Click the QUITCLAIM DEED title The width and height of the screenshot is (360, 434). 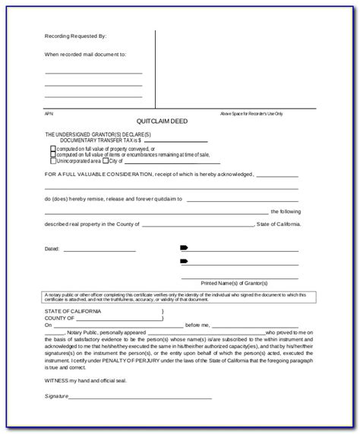161,122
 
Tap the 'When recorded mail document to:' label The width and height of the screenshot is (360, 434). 84,55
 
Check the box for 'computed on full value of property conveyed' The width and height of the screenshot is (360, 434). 52,149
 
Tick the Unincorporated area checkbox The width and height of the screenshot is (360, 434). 52,161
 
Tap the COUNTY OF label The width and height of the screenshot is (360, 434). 61,318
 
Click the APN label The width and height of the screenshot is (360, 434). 48,113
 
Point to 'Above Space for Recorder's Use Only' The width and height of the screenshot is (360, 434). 251,113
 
